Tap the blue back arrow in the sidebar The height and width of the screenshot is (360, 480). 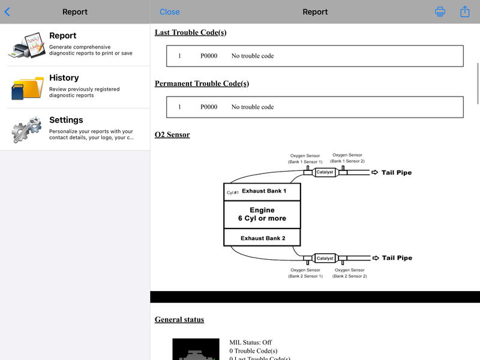[x=7, y=12]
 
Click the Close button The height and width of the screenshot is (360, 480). [x=170, y=12]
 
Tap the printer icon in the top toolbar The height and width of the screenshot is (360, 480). [x=440, y=11]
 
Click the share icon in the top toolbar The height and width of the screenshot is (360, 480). [x=464, y=11]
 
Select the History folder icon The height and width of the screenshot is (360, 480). [x=27, y=88]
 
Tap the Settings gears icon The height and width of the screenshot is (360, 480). [x=26, y=130]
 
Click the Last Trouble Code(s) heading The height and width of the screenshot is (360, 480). [x=190, y=32]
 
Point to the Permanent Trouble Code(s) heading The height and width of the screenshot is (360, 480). [x=202, y=83]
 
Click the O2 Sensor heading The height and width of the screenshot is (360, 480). [x=172, y=134]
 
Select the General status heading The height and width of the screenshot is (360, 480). [x=179, y=320]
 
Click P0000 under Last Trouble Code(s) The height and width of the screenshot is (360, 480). [x=209, y=56]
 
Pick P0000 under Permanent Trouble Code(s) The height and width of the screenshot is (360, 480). [x=209, y=107]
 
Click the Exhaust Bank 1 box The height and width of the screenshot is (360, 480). [x=262, y=191]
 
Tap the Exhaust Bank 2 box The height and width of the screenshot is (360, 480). [x=262, y=238]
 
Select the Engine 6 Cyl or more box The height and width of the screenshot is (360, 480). [x=262, y=214]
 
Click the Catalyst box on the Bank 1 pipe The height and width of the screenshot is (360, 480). [x=325, y=172]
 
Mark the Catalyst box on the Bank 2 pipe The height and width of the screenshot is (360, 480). [x=325, y=258]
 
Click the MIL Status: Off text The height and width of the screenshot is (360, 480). [x=250, y=343]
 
